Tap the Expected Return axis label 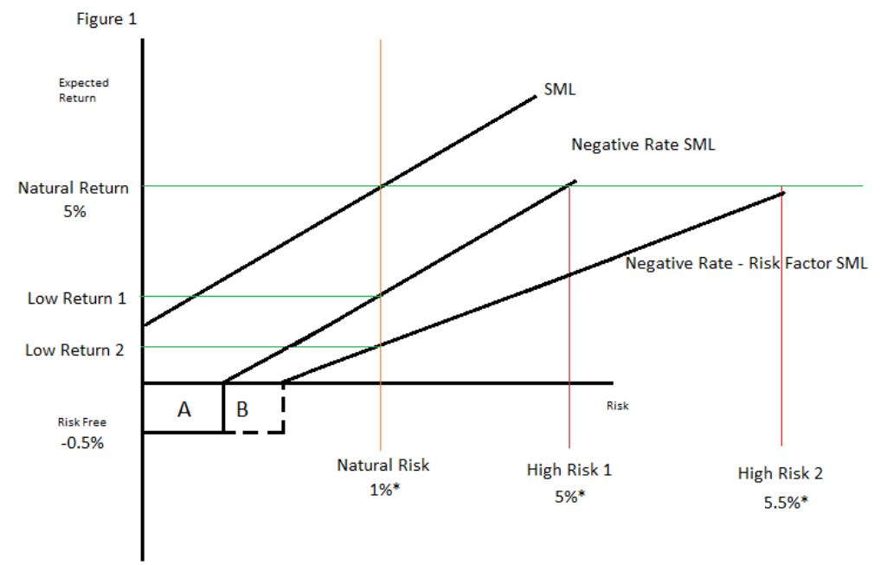point(83,91)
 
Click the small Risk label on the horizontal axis point(617,405)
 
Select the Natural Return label point(73,188)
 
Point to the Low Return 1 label point(76,299)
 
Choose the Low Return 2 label point(74,350)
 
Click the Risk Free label point(81,422)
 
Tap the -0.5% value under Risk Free point(81,442)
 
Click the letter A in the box point(183,409)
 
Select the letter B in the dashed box point(242,409)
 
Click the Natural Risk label point(383,465)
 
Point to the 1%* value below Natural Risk point(383,490)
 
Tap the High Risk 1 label point(569,471)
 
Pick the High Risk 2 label point(780,473)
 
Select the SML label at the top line point(560,89)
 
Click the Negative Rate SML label point(643,144)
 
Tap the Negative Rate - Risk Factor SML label point(746,264)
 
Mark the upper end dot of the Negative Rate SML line point(574,182)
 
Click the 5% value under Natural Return point(74,210)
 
